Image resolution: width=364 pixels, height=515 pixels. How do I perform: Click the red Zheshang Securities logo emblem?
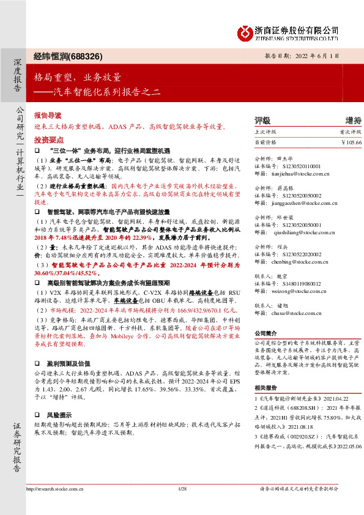point(245,31)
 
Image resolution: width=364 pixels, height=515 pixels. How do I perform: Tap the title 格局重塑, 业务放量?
point(78,78)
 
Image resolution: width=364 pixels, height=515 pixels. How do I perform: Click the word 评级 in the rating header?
point(262,120)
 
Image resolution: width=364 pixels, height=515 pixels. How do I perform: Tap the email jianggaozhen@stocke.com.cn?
point(302,202)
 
